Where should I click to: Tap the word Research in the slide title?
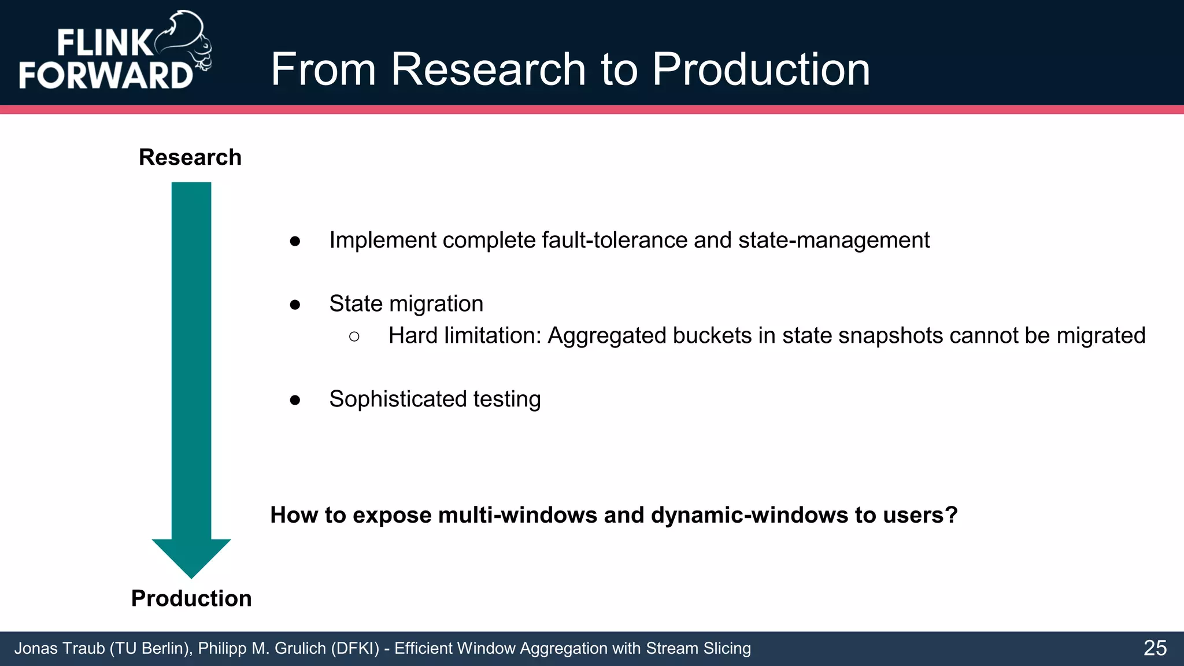tap(490, 69)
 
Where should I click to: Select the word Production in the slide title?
tap(761, 69)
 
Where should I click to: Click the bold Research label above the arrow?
tap(190, 157)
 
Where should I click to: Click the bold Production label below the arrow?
tap(191, 598)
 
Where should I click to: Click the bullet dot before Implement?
tap(295, 241)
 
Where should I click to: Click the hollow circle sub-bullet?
tap(354, 336)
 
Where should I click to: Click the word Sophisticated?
tap(398, 399)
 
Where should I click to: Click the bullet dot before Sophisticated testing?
tap(295, 400)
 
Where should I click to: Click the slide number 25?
tap(1155, 648)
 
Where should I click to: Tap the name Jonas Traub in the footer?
tap(60, 649)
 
